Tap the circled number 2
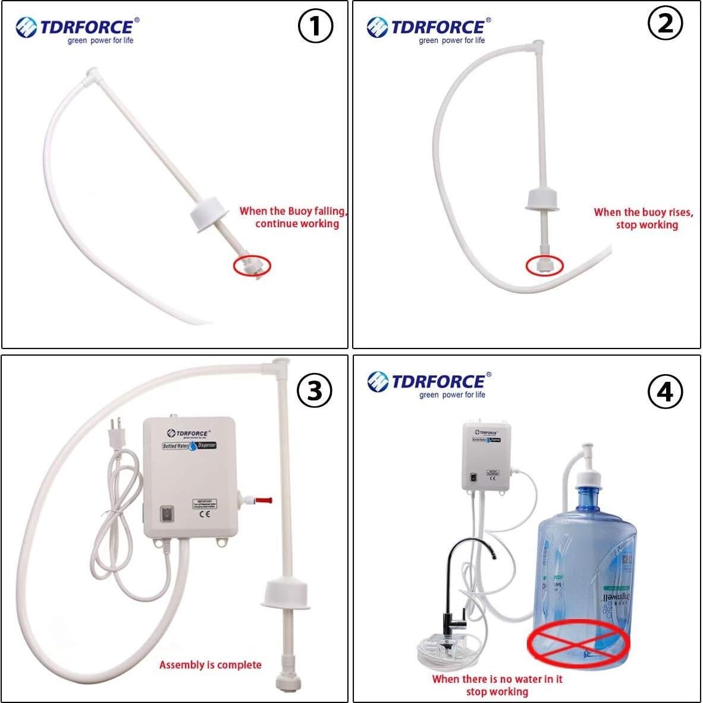[x=665, y=23]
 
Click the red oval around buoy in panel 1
[x=252, y=265]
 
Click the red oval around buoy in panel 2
[x=545, y=265]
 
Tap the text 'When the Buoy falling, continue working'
[x=293, y=217]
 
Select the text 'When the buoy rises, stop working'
[x=644, y=218]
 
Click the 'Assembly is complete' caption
[x=210, y=664]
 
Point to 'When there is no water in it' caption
[x=497, y=679]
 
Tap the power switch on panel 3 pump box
[x=165, y=514]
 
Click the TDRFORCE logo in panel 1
[x=77, y=30]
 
